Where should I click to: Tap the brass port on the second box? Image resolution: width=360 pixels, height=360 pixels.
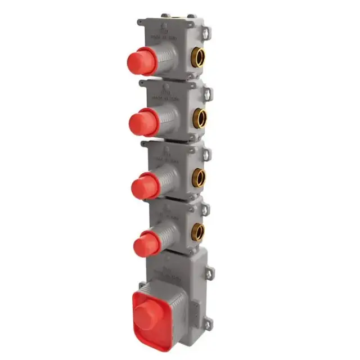pos(201,117)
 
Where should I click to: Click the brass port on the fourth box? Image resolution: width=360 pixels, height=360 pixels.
pos(199,231)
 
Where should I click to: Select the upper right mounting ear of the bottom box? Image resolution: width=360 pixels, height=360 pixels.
pos(212,271)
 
